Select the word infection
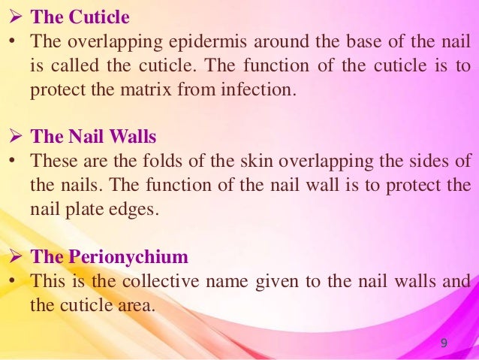tap(257, 91)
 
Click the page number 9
tap(444, 343)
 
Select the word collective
tap(181, 280)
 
